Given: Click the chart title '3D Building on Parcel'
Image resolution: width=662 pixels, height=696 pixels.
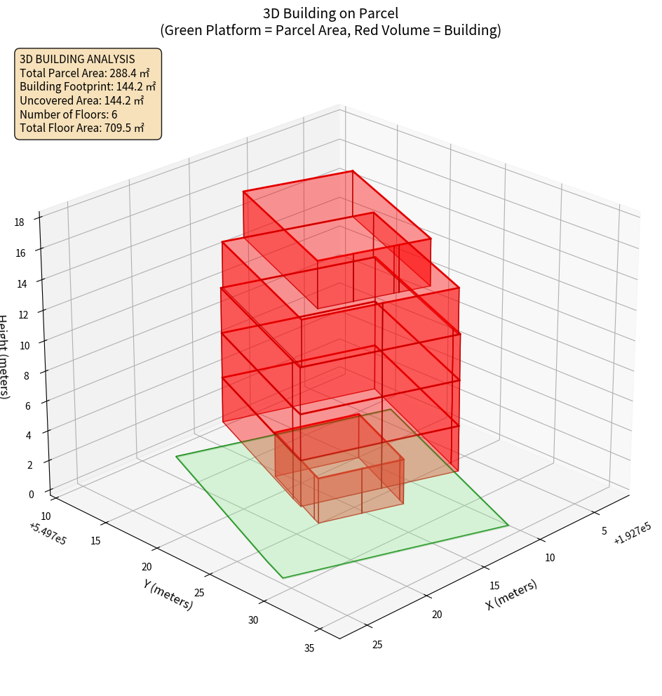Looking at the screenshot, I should coord(330,13).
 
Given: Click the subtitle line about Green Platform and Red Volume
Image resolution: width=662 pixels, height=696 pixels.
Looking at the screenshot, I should coord(330,30).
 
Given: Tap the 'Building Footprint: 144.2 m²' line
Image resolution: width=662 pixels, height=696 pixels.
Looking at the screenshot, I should coord(88,86).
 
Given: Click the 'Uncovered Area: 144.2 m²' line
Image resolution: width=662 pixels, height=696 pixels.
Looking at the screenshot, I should coord(82,100).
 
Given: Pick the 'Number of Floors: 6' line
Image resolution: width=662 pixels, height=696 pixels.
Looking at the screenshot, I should coord(69,114).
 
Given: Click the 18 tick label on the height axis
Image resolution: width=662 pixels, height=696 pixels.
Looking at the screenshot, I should coord(19,222).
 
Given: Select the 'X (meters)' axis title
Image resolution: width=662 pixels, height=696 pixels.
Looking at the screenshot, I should coord(511,594).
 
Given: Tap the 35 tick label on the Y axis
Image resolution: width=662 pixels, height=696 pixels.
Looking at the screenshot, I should coord(309,648).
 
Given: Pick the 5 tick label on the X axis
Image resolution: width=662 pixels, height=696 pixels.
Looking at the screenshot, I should coord(604,531).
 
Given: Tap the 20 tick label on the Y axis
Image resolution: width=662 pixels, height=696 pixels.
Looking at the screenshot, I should coord(147,567).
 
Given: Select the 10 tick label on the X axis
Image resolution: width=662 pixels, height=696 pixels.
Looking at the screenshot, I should coord(550,558).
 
